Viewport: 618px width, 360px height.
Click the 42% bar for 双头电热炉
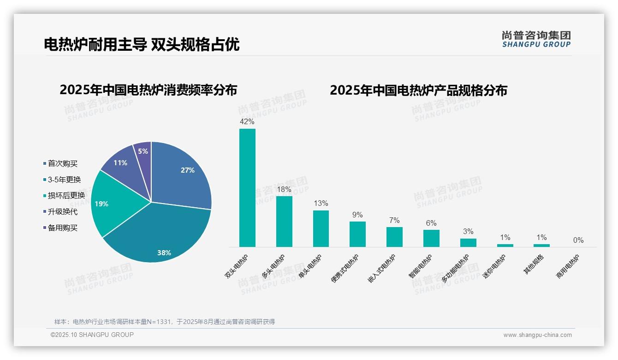click(x=247, y=188)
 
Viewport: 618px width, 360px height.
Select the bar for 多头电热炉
click(x=284, y=222)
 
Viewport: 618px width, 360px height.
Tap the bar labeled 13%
click(x=321, y=228)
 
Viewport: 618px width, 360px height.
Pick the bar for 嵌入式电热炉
click(x=394, y=237)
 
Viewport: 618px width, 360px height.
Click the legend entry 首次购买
click(x=62, y=163)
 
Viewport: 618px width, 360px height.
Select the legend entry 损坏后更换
click(x=66, y=196)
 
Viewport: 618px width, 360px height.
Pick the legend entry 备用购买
click(x=62, y=228)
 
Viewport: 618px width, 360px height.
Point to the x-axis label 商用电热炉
click(x=568, y=267)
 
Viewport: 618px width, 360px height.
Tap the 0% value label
click(x=578, y=240)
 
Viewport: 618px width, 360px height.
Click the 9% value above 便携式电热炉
click(x=357, y=215)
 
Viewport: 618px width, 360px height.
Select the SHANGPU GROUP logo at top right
click(x=536, y=39)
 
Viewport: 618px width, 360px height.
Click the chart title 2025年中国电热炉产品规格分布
click(x=418, y=90)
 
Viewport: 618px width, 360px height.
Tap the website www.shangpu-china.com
click(x=537, y=335)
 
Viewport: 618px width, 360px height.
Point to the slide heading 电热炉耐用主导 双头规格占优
click(x=142, y=45)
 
